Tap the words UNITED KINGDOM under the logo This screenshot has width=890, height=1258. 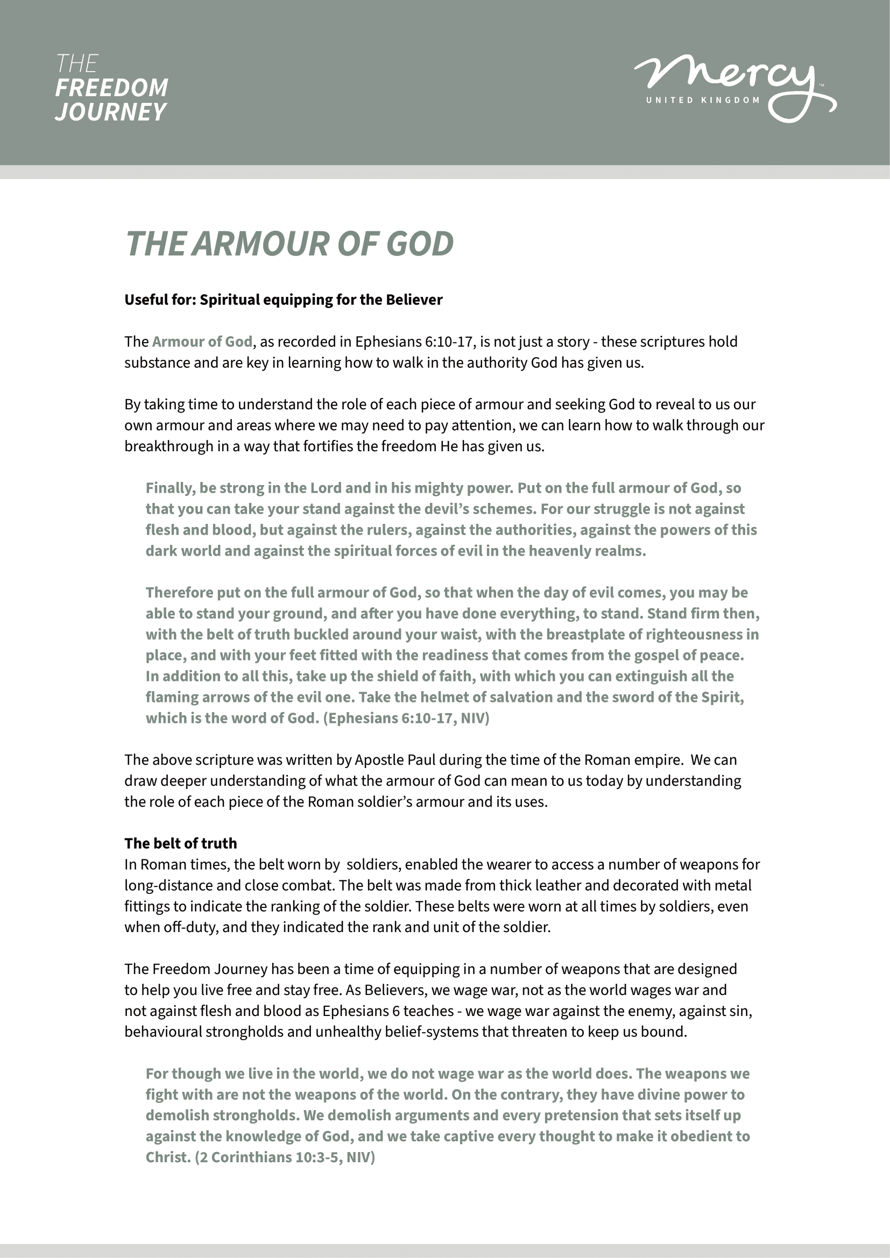click(x=703, y=100)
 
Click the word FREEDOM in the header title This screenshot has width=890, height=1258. click(x=112, y=88)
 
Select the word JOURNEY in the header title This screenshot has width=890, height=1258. click(x=111, y=112)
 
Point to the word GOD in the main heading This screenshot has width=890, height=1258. click(x=420, y=244)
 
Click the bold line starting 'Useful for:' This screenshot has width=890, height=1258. click(x=284, y=300)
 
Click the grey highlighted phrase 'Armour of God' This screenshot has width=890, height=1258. click(x=202, y=342)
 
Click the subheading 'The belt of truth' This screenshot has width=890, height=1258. click(x=181, y=843)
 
